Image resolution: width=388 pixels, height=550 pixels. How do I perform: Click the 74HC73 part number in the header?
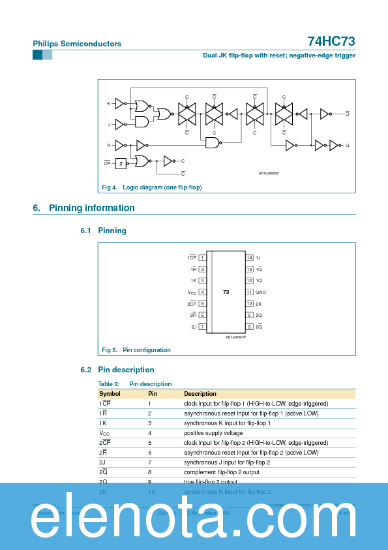pyautogui.click(x=331, y=41)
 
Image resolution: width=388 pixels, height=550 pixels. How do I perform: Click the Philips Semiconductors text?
pyautogui.click(x=77, y=44)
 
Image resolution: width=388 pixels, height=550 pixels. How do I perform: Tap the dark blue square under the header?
pyautogui.click(x=37, y=56)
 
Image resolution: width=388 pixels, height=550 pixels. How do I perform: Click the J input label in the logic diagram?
pyautogui.click(x=109, y=123)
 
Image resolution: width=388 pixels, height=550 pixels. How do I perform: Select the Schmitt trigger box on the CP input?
pyautogui.click(x=121, y=163)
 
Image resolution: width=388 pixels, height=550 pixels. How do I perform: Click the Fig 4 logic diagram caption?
pyautogui.click(x=152, y=187)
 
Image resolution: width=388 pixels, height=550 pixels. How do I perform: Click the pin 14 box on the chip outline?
pyautogui.click(x=249, y=257)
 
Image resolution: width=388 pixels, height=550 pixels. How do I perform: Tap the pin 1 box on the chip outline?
pyautogui.click(x=202, y=257)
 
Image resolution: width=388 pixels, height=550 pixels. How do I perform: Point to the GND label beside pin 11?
pyautogui.click(x=261, y=292)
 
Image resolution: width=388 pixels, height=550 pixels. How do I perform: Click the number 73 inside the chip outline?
pyautogui.click(x=226, y=292)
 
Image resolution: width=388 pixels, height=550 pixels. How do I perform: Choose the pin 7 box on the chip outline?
pyautogui.click(x=202, y=327)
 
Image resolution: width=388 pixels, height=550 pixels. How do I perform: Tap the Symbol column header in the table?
pyautogui.click(x=110, y=394)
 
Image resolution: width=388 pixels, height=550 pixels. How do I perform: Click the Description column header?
pyautogui.click(x=200, y=394)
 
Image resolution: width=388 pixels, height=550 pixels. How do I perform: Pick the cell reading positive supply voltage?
pyautogui.click(x=213, y=433)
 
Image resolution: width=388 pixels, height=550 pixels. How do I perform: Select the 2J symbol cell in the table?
pyautogui.click(x=102, y=462)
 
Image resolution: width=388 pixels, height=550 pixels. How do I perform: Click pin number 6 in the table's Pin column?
pyautogui.click(x=150, y=453)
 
